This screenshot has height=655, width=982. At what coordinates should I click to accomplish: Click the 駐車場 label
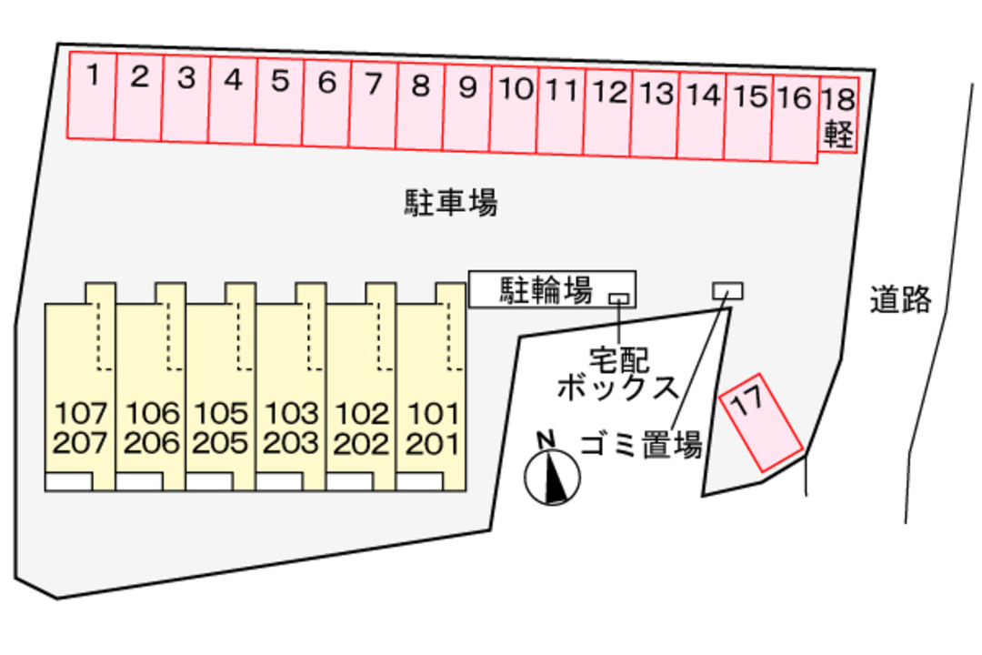click(451, 202)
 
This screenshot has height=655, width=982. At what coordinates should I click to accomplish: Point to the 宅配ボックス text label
click(618, 375)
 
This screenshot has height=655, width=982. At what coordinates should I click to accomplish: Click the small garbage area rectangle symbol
click(727, 290)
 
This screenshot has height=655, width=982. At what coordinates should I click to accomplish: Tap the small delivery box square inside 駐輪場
click(618, 297)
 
